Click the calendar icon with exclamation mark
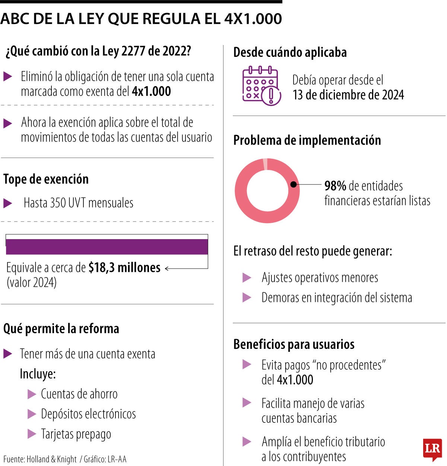pyautogui.click(x=261, y=86)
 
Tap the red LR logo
pyautogui.click(x=432, y=450)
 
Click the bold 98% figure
pyautogui.click(x=335, y=186)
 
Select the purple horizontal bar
pyautogui.click(x=107, y=247)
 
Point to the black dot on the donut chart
pyautogui.click(x=293, y=184)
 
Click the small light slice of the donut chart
pyautogui.click(x=265, y=164)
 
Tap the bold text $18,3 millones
pyautogui.click(x=124, y=267)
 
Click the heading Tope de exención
pyautogui.click(x=46, y=179)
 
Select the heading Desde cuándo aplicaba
pyautogui.click(x=290, y=52)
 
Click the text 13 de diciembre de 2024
pyautogui.click(x=348, y=95)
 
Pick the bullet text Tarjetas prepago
pyautogui.click(x=76, y=434)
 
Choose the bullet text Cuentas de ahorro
pyautogui.click(x=79, y=394)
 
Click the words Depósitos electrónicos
pyautogui.click(x=88, y=414)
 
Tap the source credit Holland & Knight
pyautogui.click(x=51, y=459)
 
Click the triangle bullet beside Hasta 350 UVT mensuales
pyautogui.click(x=8, y=203)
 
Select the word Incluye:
pyautogui.click(x=38, y=374)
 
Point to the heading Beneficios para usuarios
pyautogui.click(x=294, y=344)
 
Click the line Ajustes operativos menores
pyautogui.click(x=320, y=277)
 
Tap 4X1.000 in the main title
pyautogui.click(x=253, y=19)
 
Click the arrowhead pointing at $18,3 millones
pyautogui.click(x=167, y=269)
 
